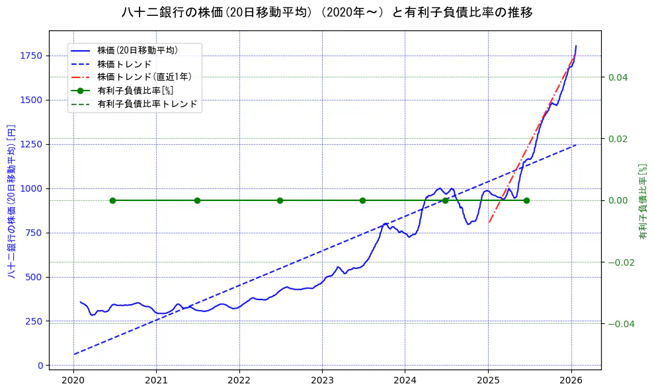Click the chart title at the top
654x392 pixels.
click(327, 13)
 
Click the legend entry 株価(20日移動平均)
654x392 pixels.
click(137, 50)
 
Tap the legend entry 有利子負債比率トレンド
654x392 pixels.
click(147, 104)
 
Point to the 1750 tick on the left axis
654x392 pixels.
click(32, 56)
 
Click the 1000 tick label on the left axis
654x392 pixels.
click(32, 188)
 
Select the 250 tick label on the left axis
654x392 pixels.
click(35, 321)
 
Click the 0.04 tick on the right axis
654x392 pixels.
click(618, 77)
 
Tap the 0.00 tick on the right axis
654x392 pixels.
click(618, 200)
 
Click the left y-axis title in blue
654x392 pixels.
click(11, 200)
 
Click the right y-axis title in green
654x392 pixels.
click(642, 201)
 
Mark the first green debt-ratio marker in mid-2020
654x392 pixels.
click(112, 200)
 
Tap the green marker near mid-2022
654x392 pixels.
click(280, 200)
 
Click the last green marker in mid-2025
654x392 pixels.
click(526, 200)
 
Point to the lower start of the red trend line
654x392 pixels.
click(489, 223)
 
